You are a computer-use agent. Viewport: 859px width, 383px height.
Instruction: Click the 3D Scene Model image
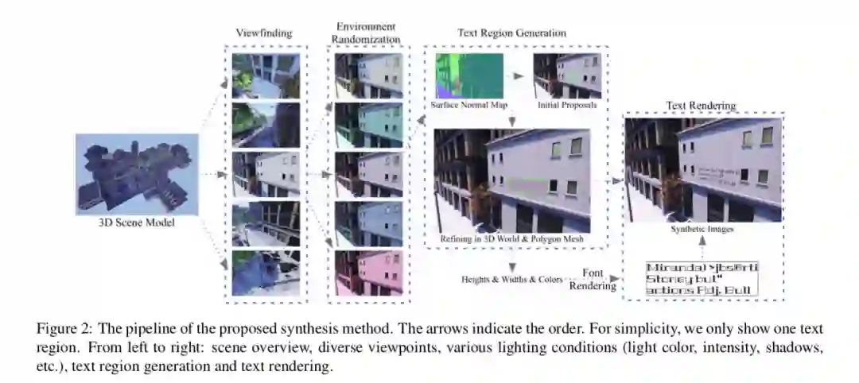click(x=137, y=174)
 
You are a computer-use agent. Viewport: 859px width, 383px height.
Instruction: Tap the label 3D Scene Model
click(x=137, y=223)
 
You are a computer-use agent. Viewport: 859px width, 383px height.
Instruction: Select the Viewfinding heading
click(x=264, y=33)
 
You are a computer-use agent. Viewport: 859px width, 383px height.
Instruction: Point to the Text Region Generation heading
click(x=511, y=33)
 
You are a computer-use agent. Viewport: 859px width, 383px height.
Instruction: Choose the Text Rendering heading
click(x=701, y=105)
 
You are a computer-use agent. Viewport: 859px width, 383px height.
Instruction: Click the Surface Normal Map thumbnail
click(x=469, y=76)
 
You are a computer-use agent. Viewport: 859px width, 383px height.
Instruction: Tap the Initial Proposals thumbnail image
click(x=568, y=76)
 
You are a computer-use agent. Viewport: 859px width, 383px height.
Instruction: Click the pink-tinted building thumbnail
click(x=368, y=273)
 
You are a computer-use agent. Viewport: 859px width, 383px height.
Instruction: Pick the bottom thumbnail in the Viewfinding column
click(x=266, y=273)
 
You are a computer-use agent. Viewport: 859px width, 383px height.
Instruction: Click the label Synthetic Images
click(x=702, y=230)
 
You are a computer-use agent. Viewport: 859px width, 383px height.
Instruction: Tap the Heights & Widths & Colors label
click(x=511, y=280)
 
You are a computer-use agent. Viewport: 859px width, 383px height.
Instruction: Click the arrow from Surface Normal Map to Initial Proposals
click(x=518, y=76)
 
